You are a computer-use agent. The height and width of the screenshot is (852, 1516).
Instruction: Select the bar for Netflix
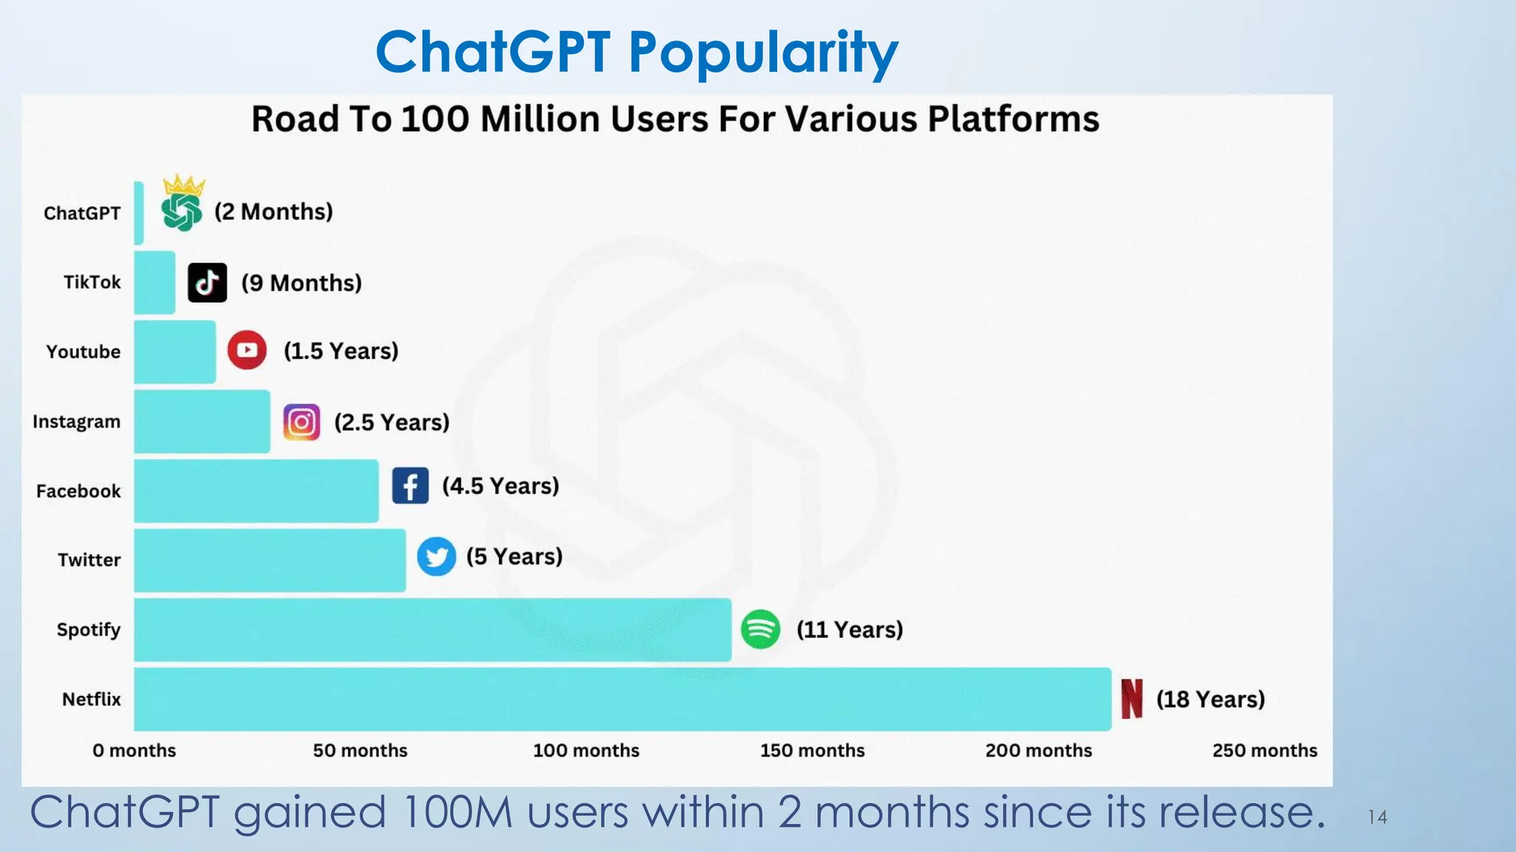click(x=622, y=699)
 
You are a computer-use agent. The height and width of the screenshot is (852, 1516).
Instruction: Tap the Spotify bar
click(x=432, y=629)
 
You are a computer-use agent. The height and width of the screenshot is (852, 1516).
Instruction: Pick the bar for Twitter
click(x=269, y=560)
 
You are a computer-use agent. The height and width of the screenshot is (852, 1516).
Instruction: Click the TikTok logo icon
click(x=207, y=283)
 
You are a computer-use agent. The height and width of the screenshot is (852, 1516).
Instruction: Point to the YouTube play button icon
click(x=247, y=351)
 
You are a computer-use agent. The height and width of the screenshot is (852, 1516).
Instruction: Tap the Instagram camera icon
click(x=302, y=422)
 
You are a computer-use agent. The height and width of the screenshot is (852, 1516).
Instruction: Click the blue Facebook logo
click(x=410, y=486)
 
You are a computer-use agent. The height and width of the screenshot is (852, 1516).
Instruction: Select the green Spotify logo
click(x=760, y=629)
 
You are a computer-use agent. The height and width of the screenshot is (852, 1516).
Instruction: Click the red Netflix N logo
click(x=1132, y=699)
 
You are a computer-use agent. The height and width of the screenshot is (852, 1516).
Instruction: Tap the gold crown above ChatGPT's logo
click(x=184, y=184)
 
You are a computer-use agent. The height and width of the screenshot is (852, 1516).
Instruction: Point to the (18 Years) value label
click(x=1210, y=699)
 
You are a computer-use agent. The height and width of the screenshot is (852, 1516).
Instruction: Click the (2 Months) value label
click(x=273, y=212)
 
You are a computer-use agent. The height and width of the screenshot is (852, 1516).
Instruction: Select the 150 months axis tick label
click(x=812, y=751)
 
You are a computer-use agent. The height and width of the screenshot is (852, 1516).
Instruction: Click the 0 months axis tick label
click(x=134, y=751)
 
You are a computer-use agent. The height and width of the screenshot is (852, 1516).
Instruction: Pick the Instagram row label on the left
click(x=76, y=422)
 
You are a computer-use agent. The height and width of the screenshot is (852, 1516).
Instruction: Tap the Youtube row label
click(x=83, y=351)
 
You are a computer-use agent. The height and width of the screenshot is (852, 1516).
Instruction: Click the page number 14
click(x=1377, y=817)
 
